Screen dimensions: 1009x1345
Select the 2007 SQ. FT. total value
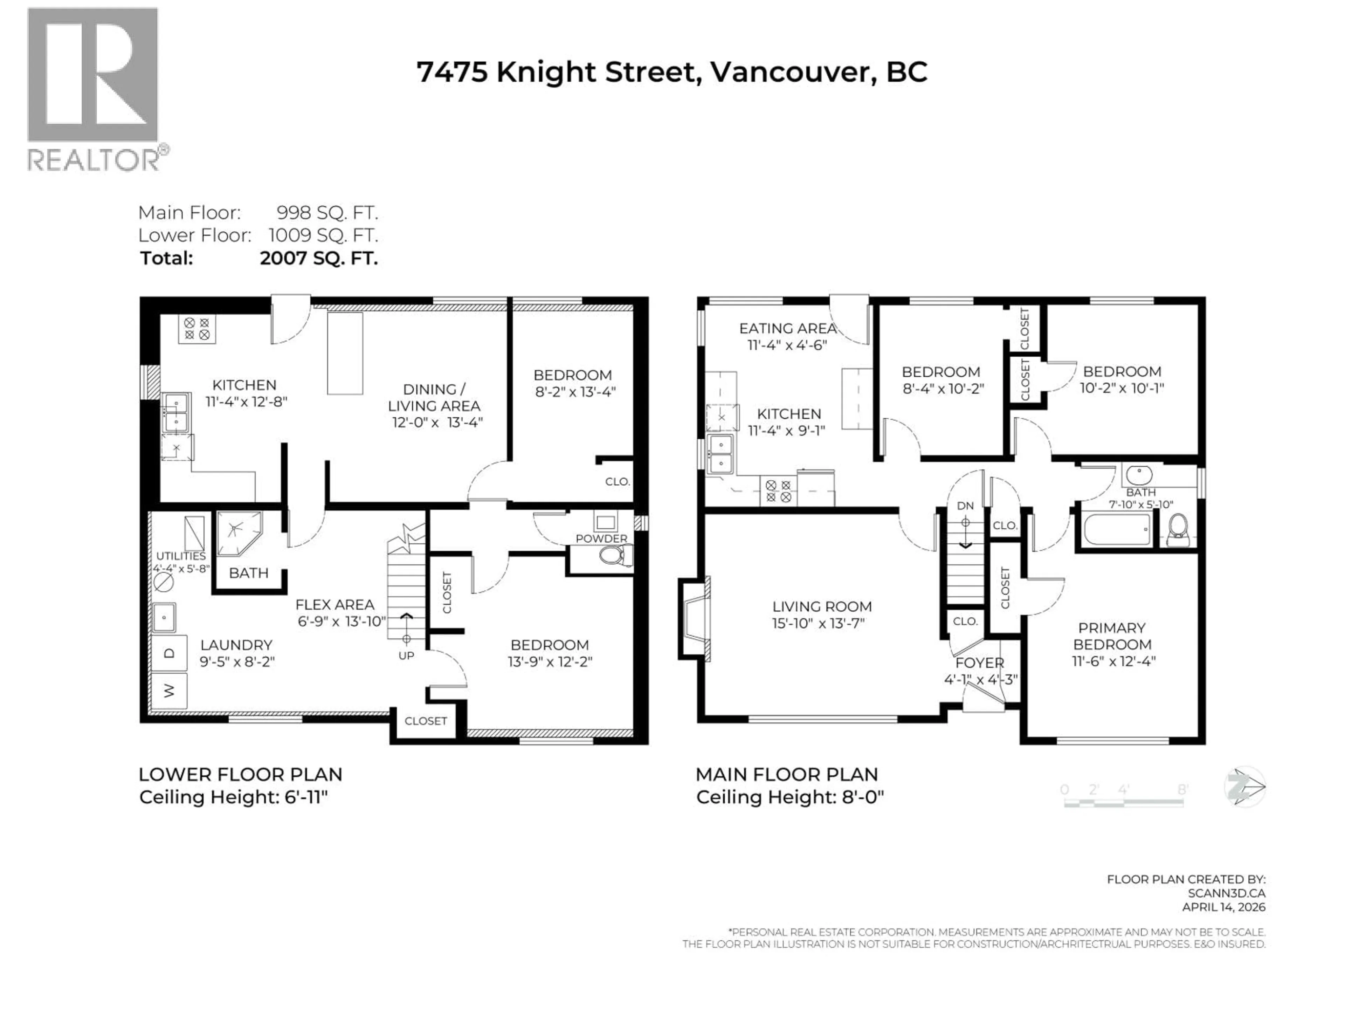319,259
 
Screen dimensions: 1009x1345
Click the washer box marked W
169,690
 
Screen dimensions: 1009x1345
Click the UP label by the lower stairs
406,655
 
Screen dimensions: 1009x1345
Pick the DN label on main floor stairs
965,506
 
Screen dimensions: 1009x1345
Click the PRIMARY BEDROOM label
1111,636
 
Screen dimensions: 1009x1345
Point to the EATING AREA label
787,328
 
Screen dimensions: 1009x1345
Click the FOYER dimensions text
980,679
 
